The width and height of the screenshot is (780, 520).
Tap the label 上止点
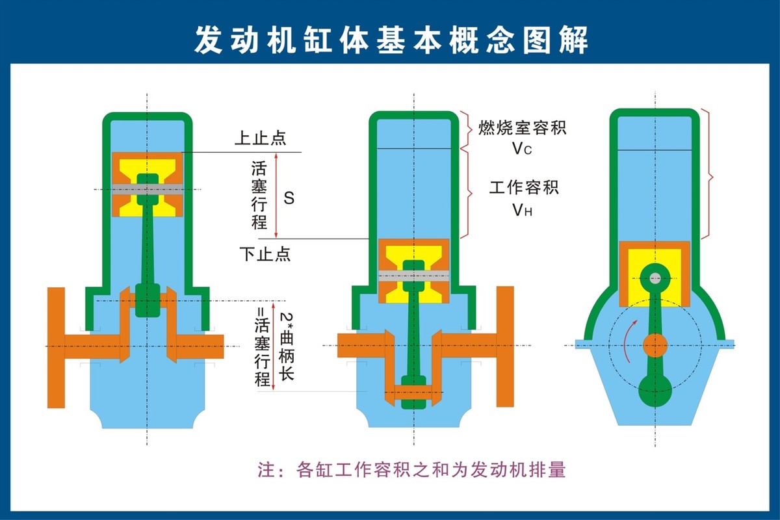[x=261, y=138]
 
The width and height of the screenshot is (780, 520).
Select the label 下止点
[x=264, y=253]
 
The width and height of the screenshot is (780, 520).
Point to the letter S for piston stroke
[x=289, y=198]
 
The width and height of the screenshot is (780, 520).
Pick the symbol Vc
[x=522, y=149]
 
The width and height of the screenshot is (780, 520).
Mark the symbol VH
[x=522, y=210]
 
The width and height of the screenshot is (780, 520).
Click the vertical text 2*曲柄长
[x=287, y=346]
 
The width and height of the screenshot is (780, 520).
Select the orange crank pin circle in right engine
[x=655, y=345]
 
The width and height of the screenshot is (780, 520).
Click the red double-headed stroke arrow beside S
[x=277, y=195]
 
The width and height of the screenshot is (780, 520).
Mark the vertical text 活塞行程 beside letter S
[x=259, y=195]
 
